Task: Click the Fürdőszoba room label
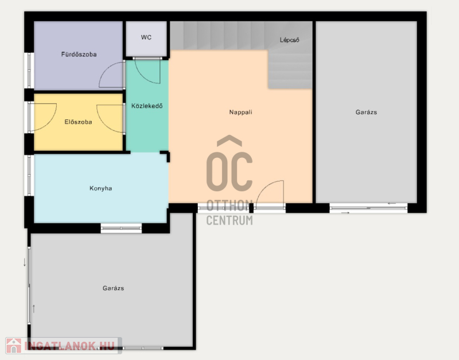[79, 54]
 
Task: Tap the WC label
[146, 37]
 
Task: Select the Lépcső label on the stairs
[290, 40]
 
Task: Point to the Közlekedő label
[147, 106]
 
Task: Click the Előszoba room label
[78, 122]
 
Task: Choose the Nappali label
[240, 112]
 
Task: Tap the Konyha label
[101, 188]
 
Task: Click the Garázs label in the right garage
[366, 112]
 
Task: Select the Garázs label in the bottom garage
[113, 288]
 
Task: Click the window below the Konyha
[121, 228]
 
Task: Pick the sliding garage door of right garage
[368, 208]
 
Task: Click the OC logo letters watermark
[229, 164]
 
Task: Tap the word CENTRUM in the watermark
[229, 220]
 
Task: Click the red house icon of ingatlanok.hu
[14, 346]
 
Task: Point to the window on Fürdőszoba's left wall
[29, 70]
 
